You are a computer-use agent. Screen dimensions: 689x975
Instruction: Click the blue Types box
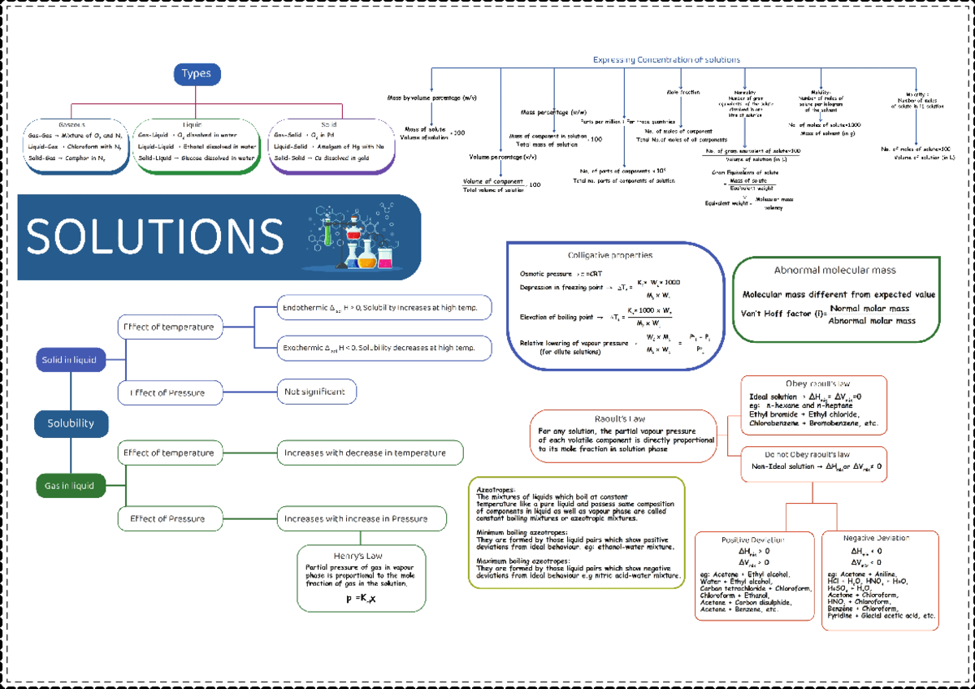point(196,74)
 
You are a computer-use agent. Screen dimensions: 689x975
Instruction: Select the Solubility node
point(70,423)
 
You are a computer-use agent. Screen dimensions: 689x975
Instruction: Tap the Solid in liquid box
point(70,359)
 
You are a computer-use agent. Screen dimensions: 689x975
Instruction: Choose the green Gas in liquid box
point(70,487)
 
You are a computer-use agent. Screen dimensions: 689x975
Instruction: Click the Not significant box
point(316,392)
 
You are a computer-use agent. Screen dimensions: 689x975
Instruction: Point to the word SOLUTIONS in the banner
point(154,236)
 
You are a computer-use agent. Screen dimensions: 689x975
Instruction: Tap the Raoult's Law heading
point(622,418)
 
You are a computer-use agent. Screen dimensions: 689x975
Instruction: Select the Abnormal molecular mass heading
point(835,271)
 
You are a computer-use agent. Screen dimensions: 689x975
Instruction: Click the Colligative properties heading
point(609,255)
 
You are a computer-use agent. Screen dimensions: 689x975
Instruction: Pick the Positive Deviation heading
point(753,540)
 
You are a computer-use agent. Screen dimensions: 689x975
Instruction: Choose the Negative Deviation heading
point(876,539)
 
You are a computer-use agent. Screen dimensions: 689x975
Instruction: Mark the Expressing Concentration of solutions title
point(666,60)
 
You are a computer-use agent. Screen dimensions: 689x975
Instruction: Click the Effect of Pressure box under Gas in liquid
point(171,518)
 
